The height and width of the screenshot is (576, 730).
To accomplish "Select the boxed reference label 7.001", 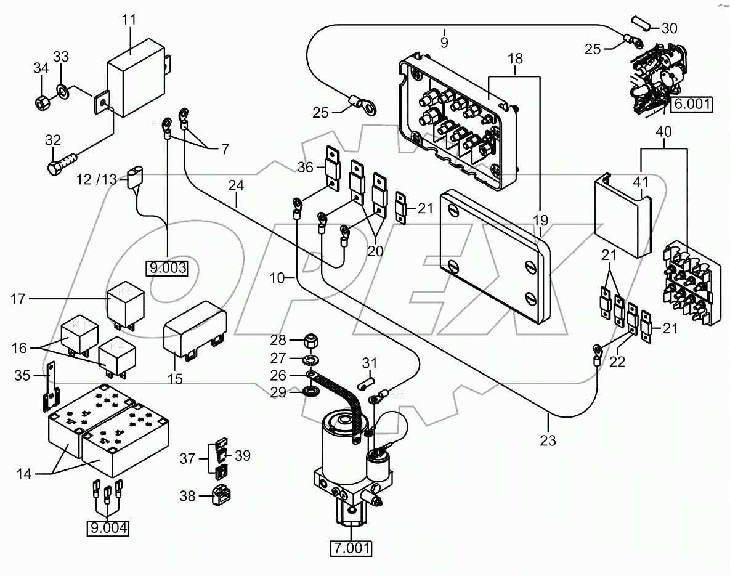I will (x=351, y=547).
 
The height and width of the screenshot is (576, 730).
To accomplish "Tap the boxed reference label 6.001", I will (x=691, y=104).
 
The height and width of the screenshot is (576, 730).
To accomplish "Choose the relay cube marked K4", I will (x=115, y=356).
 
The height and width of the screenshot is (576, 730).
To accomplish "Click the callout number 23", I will (x=548, y=440).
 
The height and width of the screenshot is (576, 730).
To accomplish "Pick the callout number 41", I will (x=642, y=182).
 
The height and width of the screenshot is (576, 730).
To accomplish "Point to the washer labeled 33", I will (x=63, y=92).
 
